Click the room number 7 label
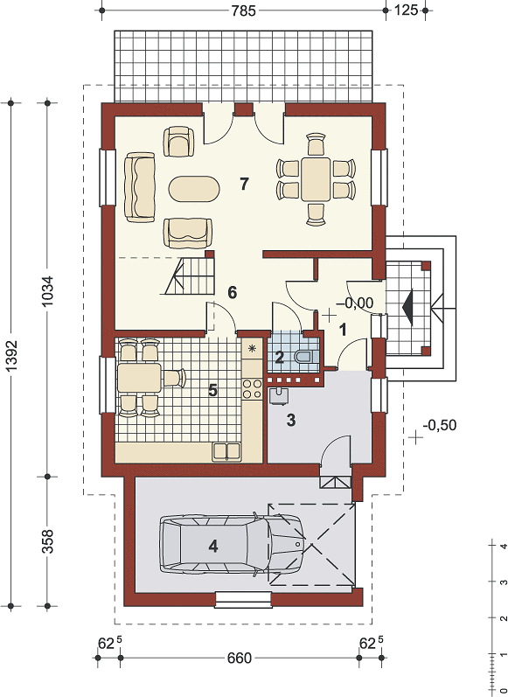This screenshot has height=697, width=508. (244, 184)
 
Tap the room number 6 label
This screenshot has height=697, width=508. (232, 292)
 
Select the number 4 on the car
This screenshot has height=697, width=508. (213, 547)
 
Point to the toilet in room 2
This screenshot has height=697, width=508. (303, 357)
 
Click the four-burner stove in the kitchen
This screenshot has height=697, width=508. (251, 388)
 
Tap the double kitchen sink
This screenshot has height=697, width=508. (226, 451)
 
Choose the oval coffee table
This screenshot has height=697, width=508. (194, 190)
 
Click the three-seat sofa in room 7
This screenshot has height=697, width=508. (140, 186)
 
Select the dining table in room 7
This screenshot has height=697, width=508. (316, 179)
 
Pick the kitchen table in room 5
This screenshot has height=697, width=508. (139, 378)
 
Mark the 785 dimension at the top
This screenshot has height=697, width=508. (244, 10)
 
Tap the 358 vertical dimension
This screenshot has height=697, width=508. (47, 540)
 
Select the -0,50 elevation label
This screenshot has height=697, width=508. (440, 425)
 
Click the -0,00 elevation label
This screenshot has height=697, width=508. (355, 303)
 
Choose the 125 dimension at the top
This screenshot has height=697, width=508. (407, 10)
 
